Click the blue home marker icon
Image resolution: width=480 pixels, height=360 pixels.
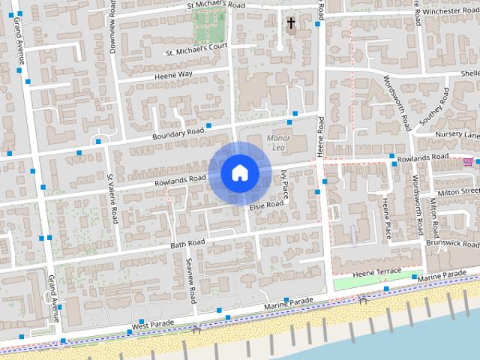[239, 173]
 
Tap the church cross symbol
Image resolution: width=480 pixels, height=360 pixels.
[291, 24]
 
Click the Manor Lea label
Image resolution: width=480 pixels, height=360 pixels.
[277, 142]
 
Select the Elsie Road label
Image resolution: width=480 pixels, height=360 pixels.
[266, 204]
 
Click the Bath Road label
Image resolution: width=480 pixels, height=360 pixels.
[187, 244]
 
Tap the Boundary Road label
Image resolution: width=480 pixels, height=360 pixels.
[178, 133]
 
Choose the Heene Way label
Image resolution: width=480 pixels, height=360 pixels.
[173, 74]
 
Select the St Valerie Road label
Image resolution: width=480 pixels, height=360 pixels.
[112, 199]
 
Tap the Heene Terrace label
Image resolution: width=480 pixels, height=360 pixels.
[378, 273]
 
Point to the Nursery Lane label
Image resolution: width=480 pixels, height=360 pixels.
[457, 135]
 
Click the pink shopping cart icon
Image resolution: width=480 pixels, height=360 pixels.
[469, 160]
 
